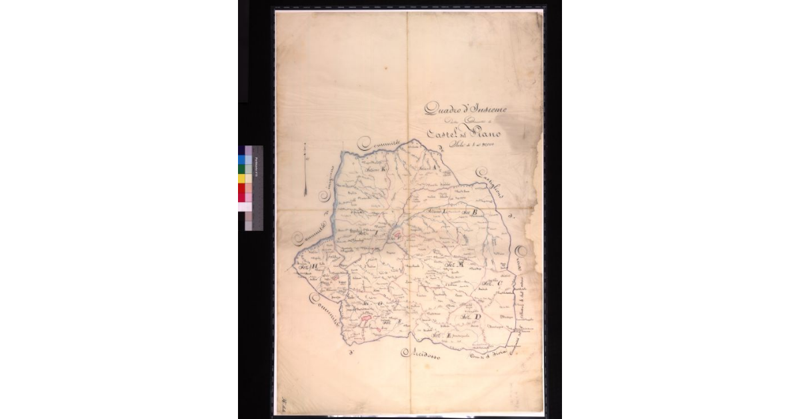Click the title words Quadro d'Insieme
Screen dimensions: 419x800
point(466,109)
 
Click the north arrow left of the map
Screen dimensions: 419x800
point(304,169)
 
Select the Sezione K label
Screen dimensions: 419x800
point(375,171)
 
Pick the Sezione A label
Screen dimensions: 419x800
point(427,169)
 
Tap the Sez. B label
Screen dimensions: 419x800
point(472,212)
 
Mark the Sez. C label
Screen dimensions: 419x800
point(493,286)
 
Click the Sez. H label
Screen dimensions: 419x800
point(308,269)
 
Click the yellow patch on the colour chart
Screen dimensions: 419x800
point(242,178)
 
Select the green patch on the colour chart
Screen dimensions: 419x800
point(242,169)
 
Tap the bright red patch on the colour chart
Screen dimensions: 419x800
point(242,188)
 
